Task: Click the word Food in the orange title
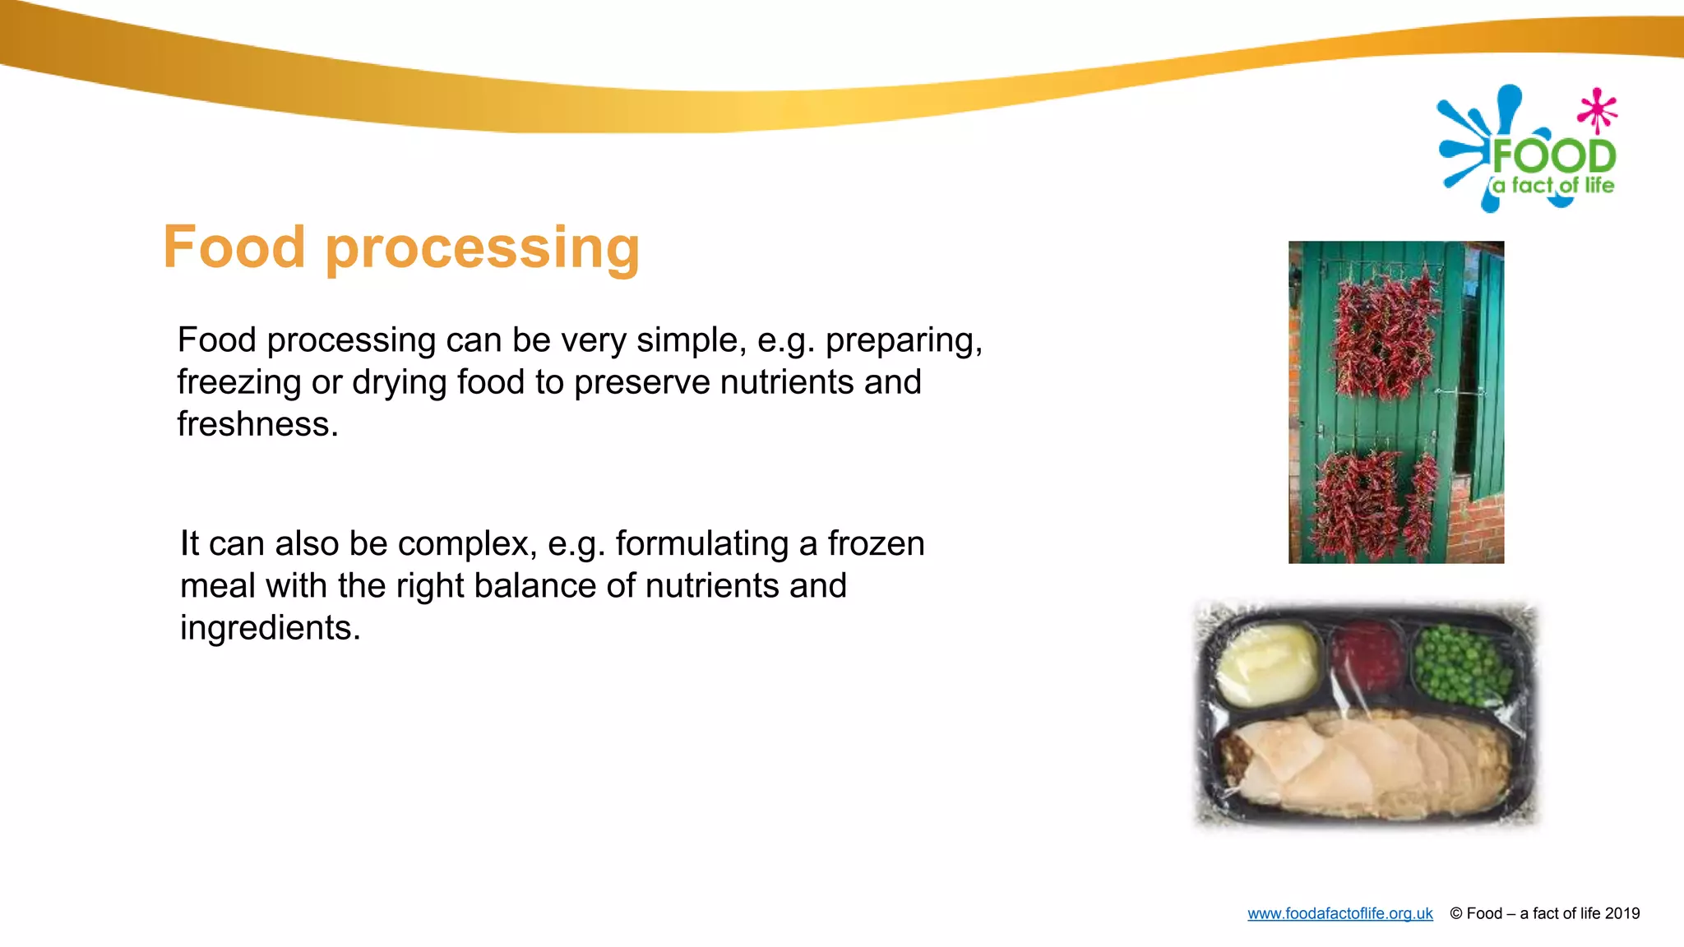(x=234, y=247)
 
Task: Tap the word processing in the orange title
(x=483, y=249)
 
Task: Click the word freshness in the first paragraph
(x=257, y=424)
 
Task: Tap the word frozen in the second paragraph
(x=876, y=543)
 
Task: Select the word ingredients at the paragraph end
(x=270, y=628)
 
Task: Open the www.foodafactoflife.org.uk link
(x=1339, y=913)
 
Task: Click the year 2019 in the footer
(x=1622, y=913)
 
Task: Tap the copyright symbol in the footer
(x=1455, y=913)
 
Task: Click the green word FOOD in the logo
(x=1553, y=156)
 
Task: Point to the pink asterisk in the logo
(x=1598, y=109)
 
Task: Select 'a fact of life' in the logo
(x=1553, y=186)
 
